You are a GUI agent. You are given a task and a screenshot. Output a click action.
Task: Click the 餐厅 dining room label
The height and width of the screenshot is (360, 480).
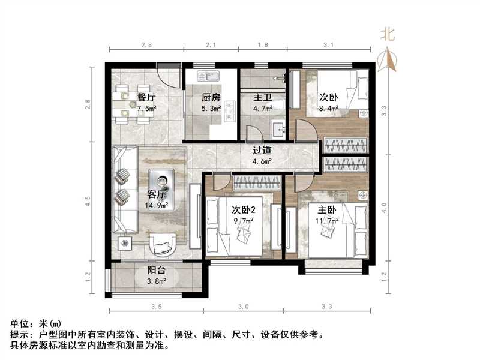(x=146, y=97)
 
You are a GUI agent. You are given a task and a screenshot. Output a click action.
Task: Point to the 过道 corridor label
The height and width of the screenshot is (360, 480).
(x=262, y=150)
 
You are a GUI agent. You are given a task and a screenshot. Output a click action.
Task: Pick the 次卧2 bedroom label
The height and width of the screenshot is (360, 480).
(x=243, y=210)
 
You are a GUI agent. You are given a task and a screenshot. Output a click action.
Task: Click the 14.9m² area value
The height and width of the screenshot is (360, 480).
(x=155, y=205)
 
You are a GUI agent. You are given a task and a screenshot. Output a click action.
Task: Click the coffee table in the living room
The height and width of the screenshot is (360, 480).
(x=161, y=181)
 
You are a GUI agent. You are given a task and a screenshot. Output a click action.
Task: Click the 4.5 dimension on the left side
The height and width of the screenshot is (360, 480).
(x=88, y=201)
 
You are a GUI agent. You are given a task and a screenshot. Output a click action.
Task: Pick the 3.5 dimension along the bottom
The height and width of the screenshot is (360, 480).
(x=157, y=307)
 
